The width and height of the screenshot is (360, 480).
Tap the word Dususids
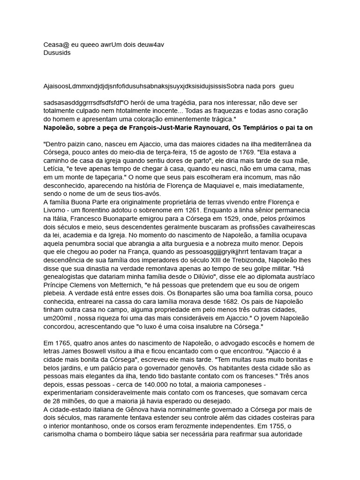(57, 53)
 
